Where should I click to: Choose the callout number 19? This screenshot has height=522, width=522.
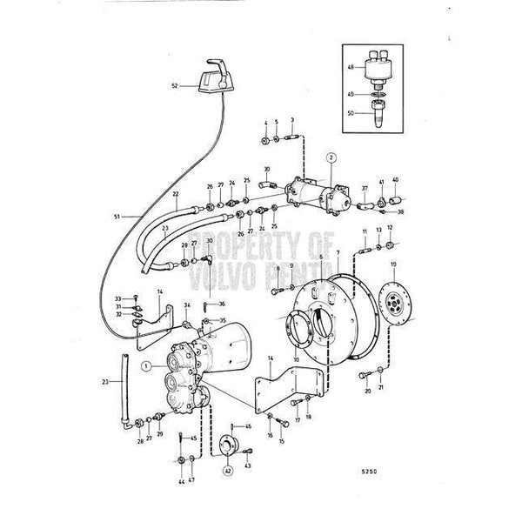tap(393, 263)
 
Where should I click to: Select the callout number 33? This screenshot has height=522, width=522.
tap(117, 298)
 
